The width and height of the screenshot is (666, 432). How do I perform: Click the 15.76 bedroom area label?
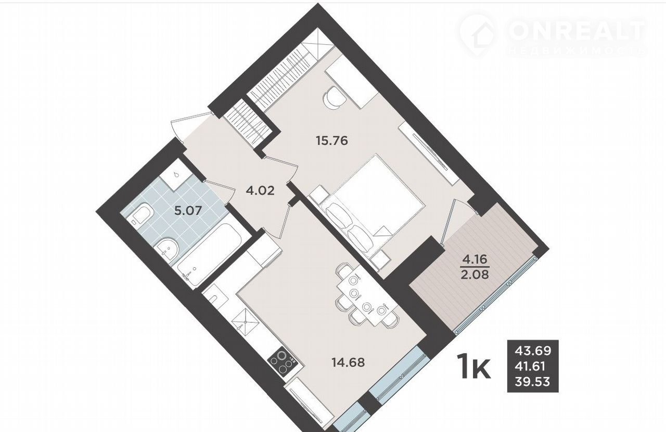click(x=332, y=141)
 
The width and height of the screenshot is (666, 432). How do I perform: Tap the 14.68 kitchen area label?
click(x=349, y=362)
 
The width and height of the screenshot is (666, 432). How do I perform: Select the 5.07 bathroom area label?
click(x=188, y=211)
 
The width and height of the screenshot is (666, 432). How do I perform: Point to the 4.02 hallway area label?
click(x=260, y=190)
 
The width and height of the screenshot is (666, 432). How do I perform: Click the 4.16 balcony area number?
click(x=475, y=260)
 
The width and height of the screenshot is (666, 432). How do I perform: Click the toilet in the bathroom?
click(x=140, y=213)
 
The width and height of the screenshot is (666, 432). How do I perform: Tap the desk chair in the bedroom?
click(x=334, y=97)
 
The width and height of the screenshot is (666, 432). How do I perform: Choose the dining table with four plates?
click(x=368, y=297)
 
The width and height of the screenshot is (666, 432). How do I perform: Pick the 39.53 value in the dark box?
click(x=533, y=382)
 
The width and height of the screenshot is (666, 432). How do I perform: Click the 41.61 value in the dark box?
click(x=530, y=366)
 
